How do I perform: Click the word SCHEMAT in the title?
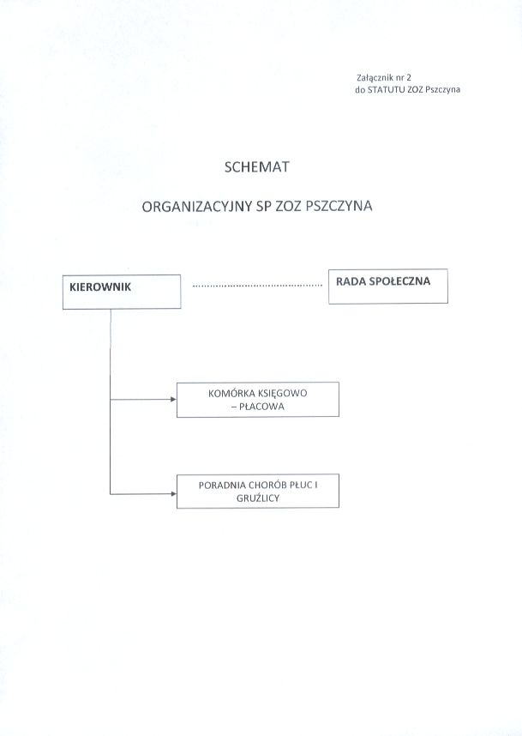(x=256, y=167)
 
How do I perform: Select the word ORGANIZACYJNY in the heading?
(x=197, y=207)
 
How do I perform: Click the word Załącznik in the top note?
(x=372, y=78)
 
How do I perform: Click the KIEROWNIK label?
(x=100, y=287)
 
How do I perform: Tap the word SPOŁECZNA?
(x=400, y=281)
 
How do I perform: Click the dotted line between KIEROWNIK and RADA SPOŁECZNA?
(x=257, y=286)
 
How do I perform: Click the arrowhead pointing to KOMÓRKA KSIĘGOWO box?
(x=173, y=400)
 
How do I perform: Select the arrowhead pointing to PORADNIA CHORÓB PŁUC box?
(x=173, y=494)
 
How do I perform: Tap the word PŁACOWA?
(x=261, y=407)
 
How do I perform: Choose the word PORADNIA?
(x=222, y=486)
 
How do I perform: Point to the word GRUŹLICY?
(x=258, y=498)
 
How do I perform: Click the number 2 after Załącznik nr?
(x=409, y=78)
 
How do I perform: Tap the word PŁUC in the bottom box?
(x=301, y=486)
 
